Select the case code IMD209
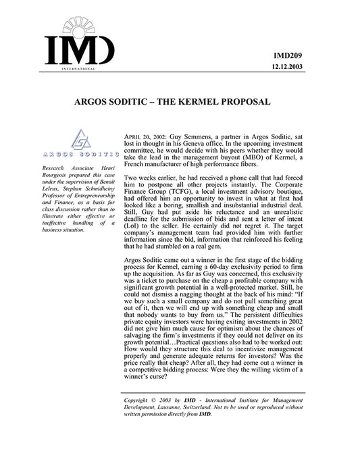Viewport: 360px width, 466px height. coord(324,55)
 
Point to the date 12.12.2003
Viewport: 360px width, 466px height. coord(319,68)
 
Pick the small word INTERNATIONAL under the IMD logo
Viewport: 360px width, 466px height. coord(78,69)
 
